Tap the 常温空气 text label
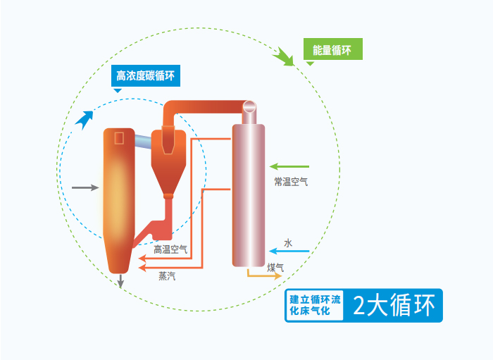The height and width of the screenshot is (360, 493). point(291,181)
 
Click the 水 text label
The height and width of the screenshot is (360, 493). point(287,242)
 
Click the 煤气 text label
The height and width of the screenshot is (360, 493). point(275,267)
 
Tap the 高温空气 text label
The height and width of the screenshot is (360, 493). point(170,249)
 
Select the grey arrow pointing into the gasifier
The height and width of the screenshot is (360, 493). point(85,188)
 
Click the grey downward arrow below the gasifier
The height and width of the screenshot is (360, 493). point(121,281)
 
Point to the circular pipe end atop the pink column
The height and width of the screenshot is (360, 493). point(249,107)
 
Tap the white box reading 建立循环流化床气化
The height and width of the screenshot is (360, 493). point(315,306)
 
